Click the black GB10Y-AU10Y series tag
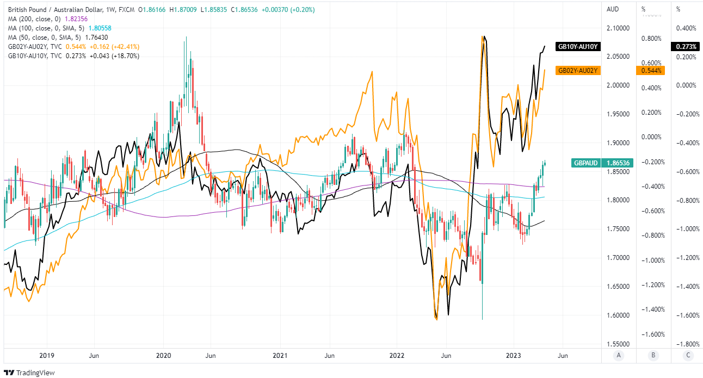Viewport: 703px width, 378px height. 578,47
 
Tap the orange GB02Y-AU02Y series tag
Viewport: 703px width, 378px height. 578,70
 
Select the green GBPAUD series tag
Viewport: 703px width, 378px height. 587,163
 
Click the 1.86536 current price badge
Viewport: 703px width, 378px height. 619,163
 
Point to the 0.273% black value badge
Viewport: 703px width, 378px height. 683,47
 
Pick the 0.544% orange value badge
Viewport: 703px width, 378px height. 650,71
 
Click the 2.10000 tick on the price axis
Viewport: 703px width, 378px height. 619,28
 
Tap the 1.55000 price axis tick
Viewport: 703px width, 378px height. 619,344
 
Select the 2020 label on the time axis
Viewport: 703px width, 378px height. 163,356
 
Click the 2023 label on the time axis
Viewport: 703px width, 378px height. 514,356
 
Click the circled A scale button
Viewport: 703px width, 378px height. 618,356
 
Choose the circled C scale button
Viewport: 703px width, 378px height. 688,356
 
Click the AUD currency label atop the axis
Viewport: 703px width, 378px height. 613,9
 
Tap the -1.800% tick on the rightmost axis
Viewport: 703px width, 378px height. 688,344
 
